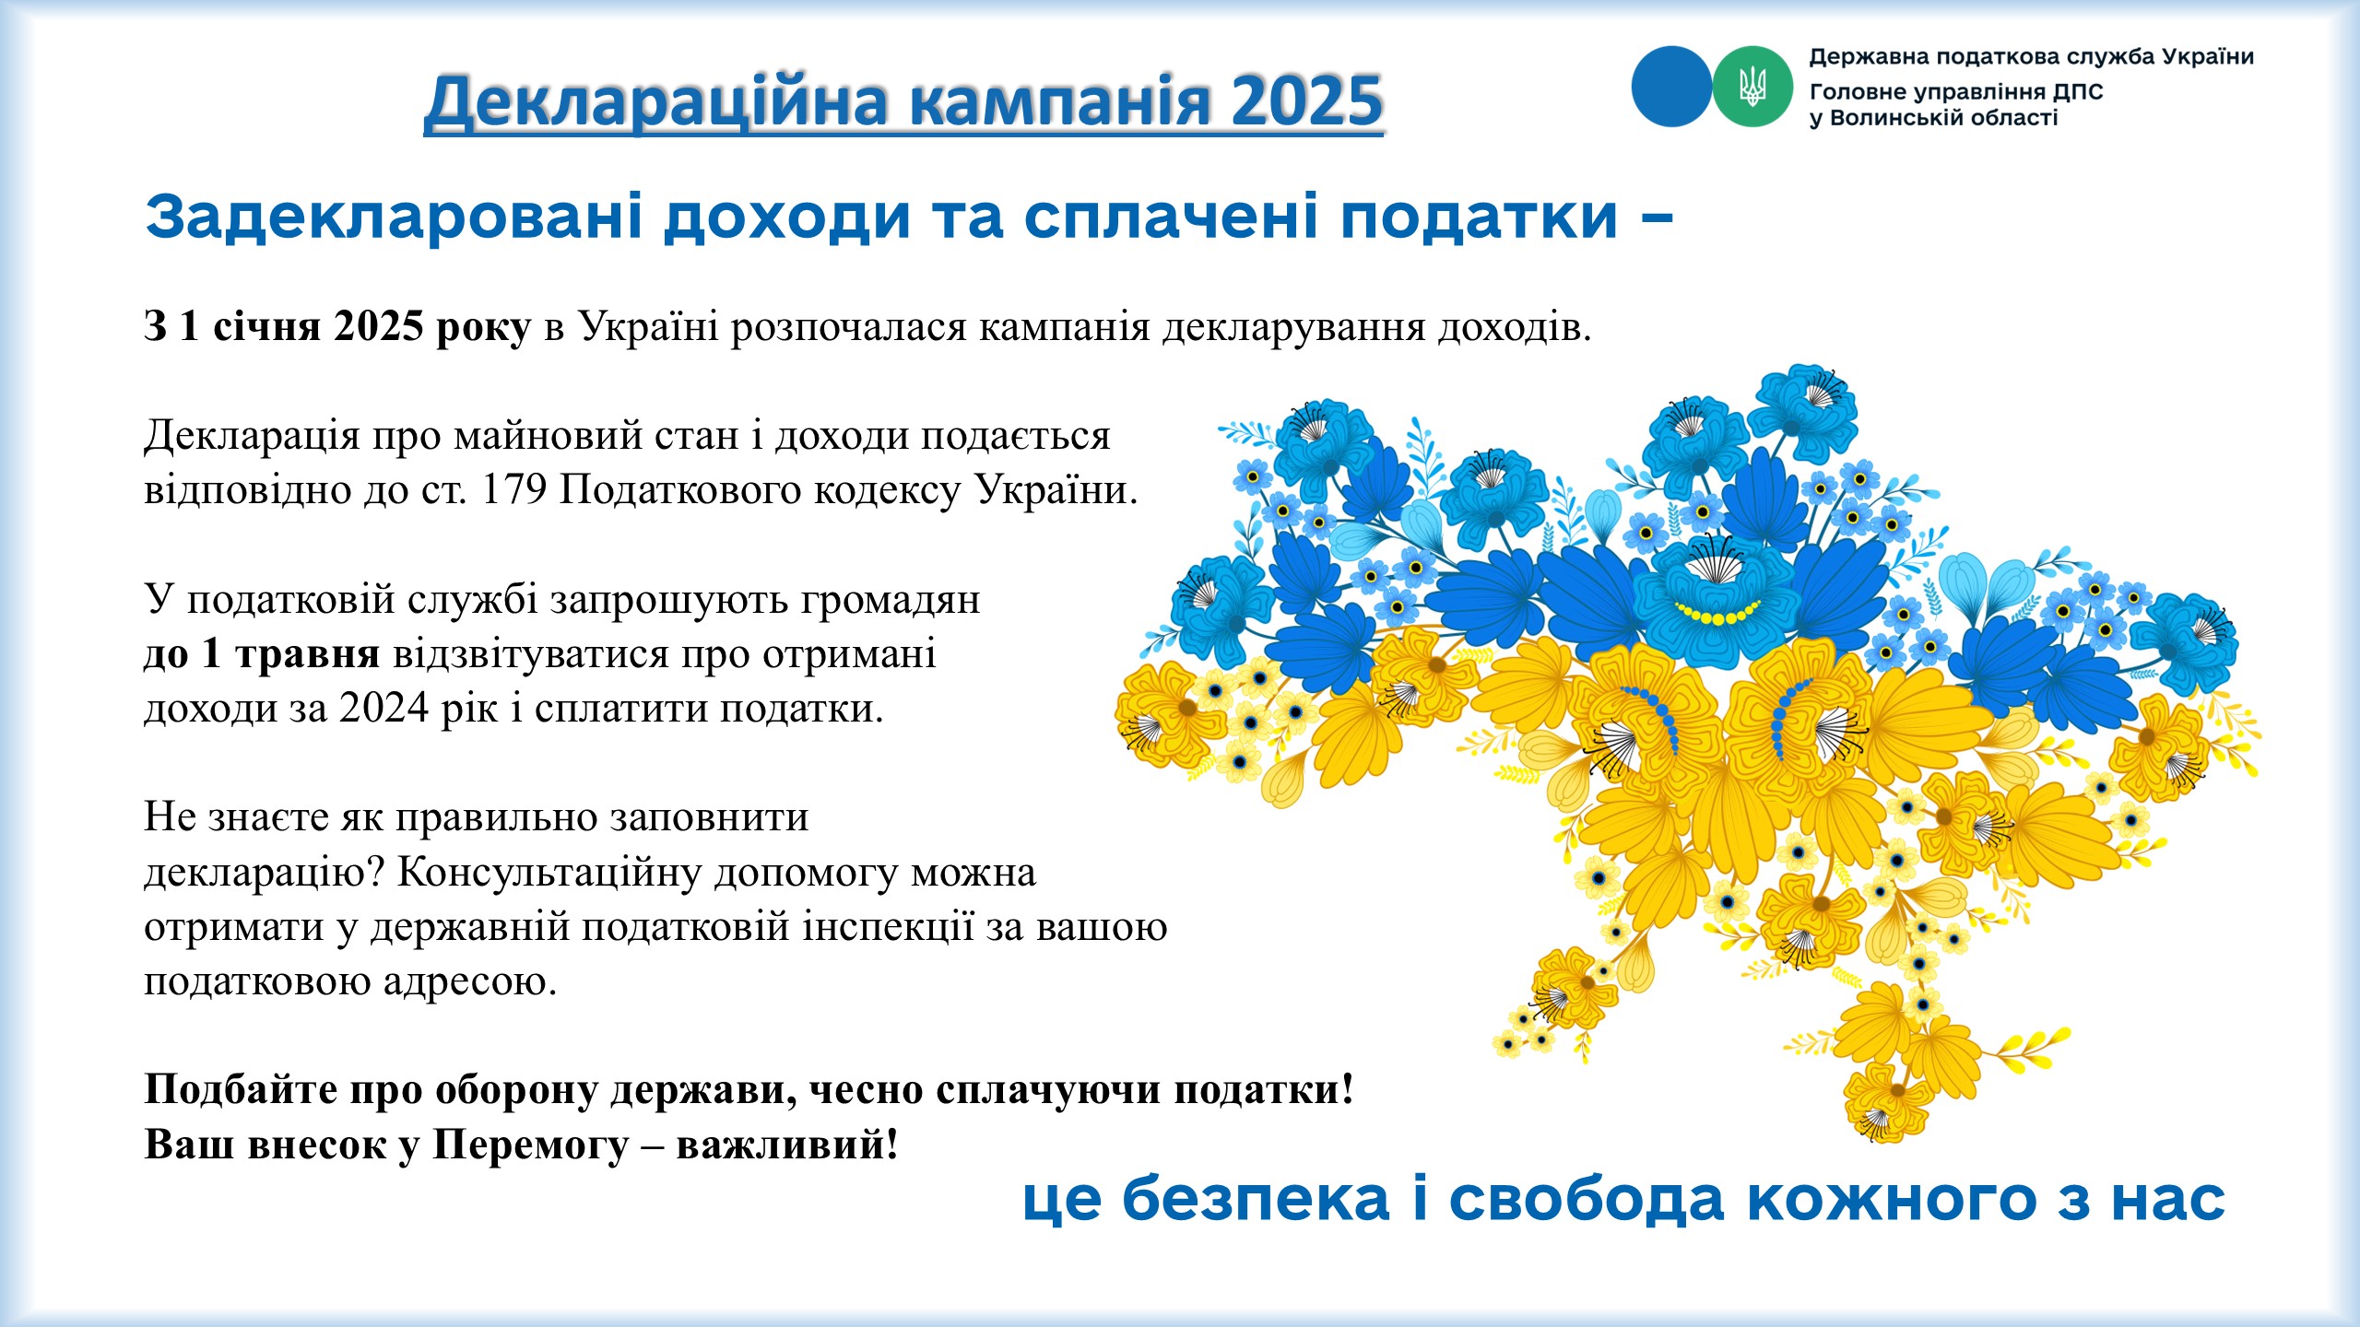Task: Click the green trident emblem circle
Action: tap(1752, 87)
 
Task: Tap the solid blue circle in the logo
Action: tap(1671, 87)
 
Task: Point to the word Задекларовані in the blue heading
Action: tap(394, 217)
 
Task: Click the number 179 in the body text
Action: tap(514, 489)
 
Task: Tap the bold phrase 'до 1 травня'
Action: tap(262, 653)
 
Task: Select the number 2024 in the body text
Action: tap(383, 708)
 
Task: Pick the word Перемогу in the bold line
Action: tap(531, 1145)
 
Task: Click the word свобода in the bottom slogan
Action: tap(1586, 1199)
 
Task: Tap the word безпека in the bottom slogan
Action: tap(1256, 1199)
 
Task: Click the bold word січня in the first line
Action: tap(267, 326)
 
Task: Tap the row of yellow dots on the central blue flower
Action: tap(1717, 613)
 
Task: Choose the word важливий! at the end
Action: tap(787, 1145)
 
